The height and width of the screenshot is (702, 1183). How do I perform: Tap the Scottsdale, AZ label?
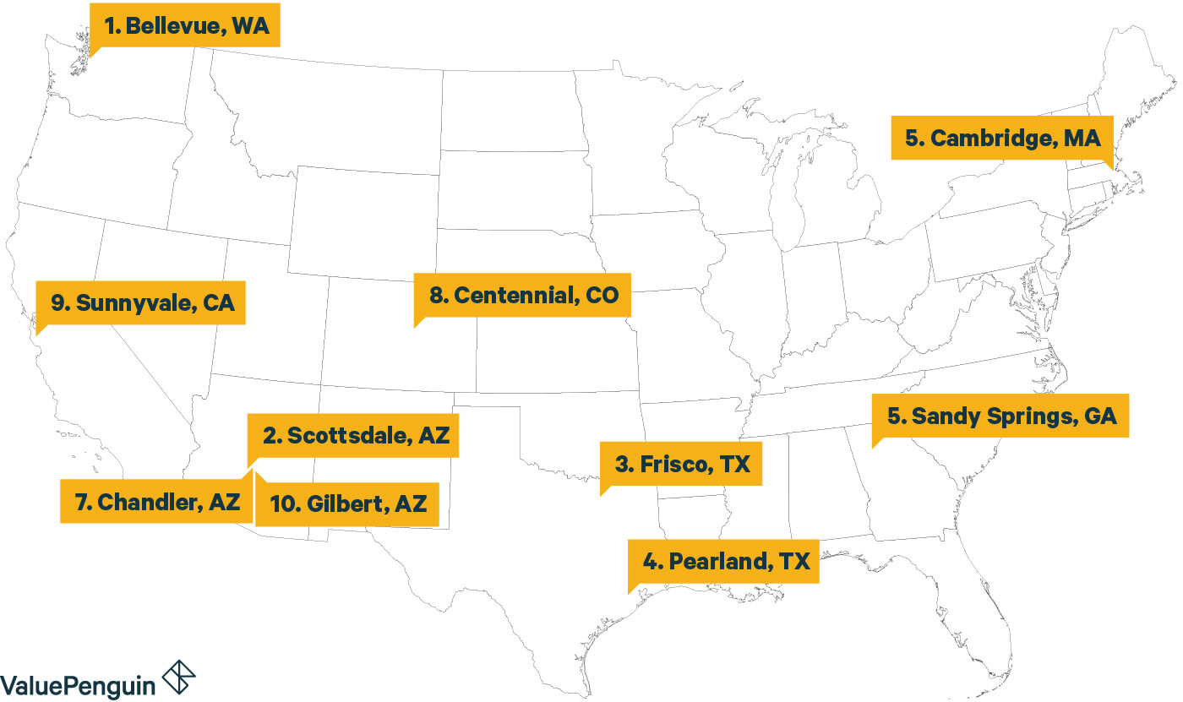click(x=354, y=436)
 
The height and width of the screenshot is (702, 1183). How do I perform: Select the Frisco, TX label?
click(x=682, y=464)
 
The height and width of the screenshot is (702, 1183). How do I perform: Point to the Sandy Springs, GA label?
click(x=1002, y=416)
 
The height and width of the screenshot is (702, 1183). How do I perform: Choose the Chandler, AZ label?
click(x=157, y=502)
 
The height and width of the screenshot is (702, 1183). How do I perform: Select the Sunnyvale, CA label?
click(x=141, y=303)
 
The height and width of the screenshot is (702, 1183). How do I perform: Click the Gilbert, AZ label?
click(x=348, y=504)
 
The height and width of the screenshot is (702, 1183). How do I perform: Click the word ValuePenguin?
click(x=78, y=683)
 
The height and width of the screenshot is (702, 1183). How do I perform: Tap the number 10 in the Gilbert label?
click(x=281, y=504)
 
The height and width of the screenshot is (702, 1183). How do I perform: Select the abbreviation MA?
click(x=1082, y=139)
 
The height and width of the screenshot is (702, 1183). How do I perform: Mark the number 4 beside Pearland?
click(x=648, y=562)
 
